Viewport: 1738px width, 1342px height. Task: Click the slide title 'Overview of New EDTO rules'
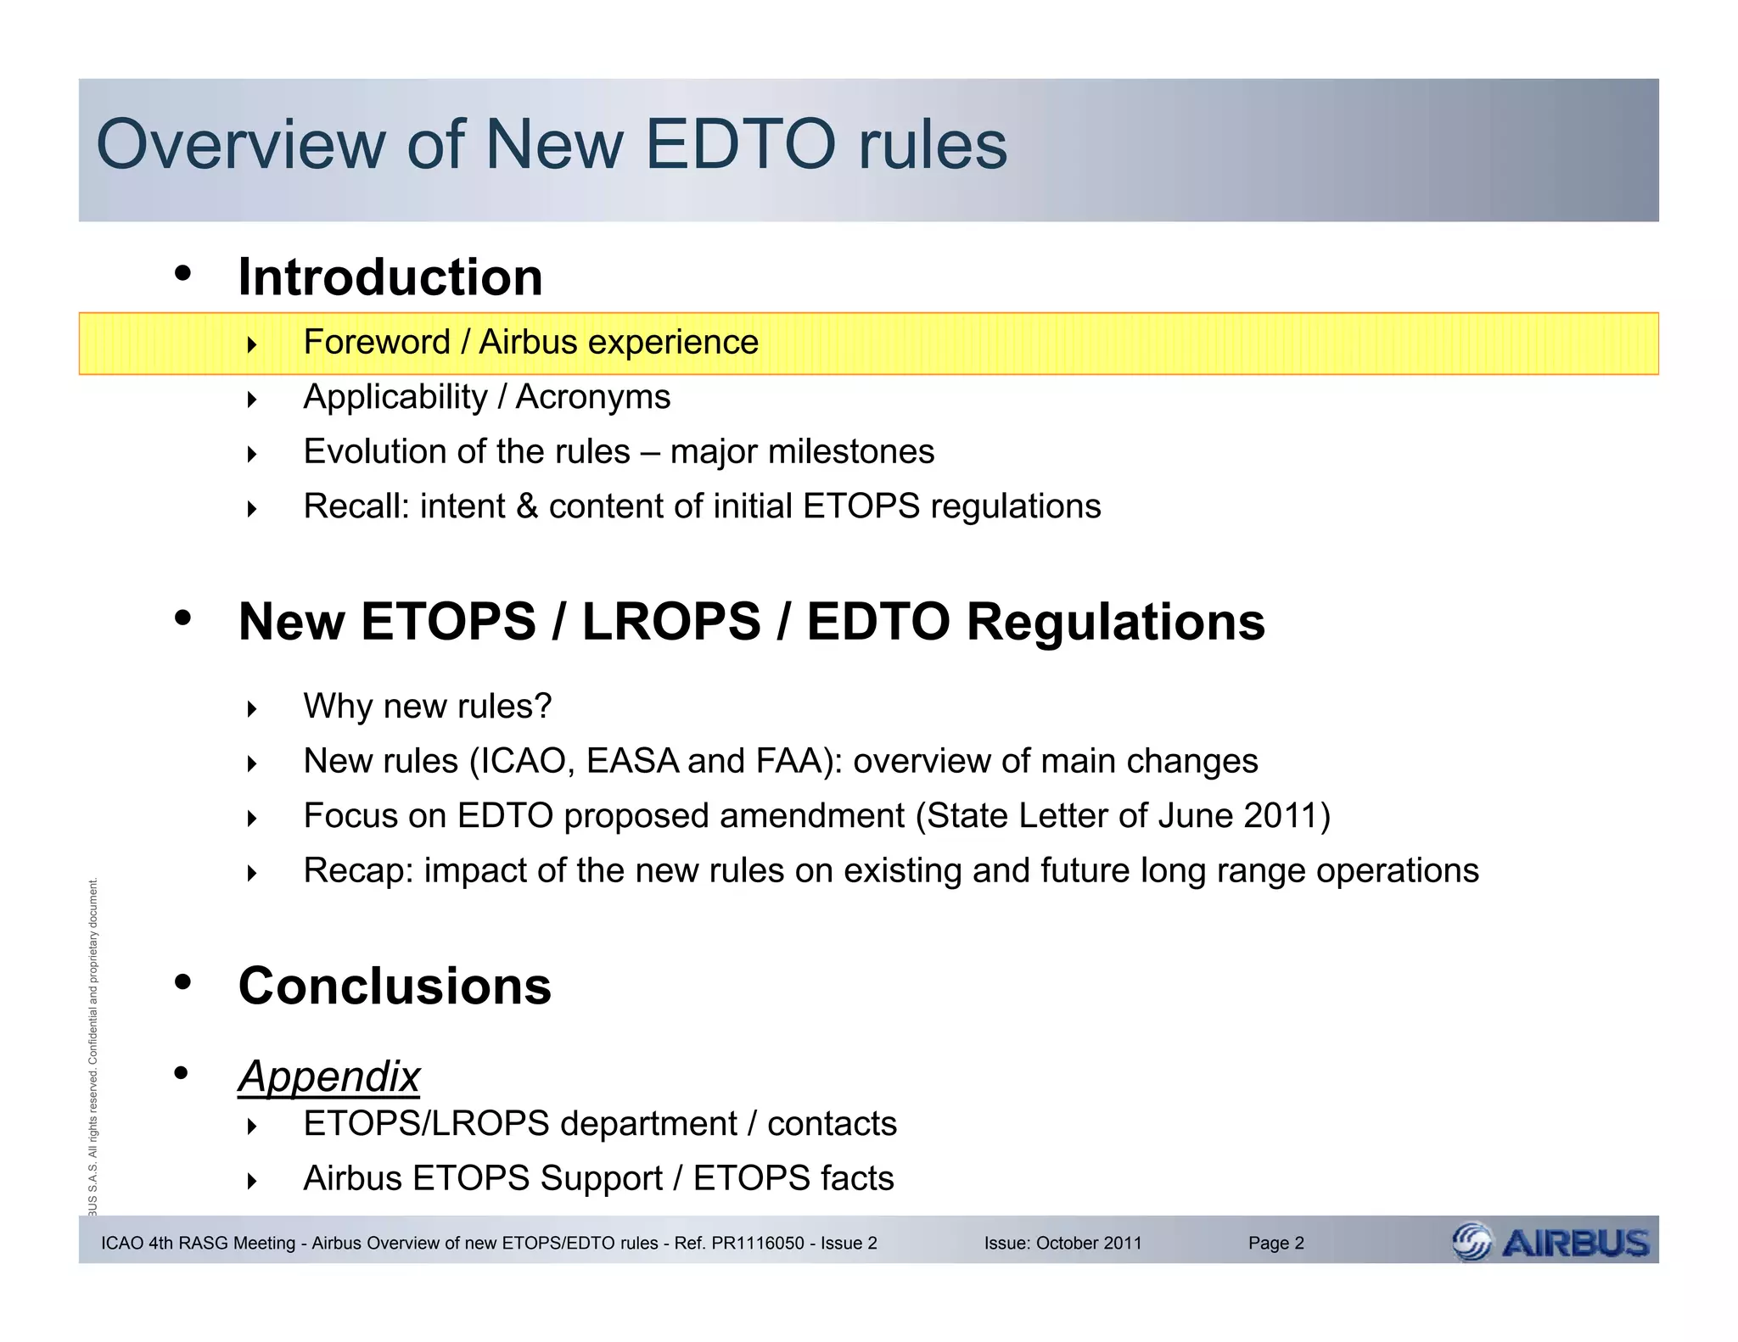(552, 144)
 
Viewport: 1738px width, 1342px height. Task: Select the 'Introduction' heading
(390, 277)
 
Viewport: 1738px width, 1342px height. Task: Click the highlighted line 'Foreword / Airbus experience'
(530, 343)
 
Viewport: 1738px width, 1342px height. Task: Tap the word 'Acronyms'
(593, 397)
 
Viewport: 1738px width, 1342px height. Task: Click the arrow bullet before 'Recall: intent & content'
(251, 509)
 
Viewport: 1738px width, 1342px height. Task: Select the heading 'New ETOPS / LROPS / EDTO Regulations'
(751, 622)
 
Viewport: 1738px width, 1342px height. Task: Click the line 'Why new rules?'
(427, 706)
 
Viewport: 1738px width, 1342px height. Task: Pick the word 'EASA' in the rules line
(632, 761)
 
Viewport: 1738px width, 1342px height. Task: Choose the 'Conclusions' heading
(395, 986)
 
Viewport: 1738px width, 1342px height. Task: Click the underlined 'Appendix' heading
(328, 1076)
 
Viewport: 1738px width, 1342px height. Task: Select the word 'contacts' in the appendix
(832, 1124)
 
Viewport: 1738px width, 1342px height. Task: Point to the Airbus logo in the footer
(1550, 1243)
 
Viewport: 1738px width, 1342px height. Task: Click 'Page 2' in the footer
(1275, 1244)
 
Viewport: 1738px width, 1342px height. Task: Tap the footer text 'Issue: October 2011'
(1062, 1244)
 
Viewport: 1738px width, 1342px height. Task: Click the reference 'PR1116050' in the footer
(758, 1244)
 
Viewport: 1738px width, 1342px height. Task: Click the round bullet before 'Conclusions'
(182, 982)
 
